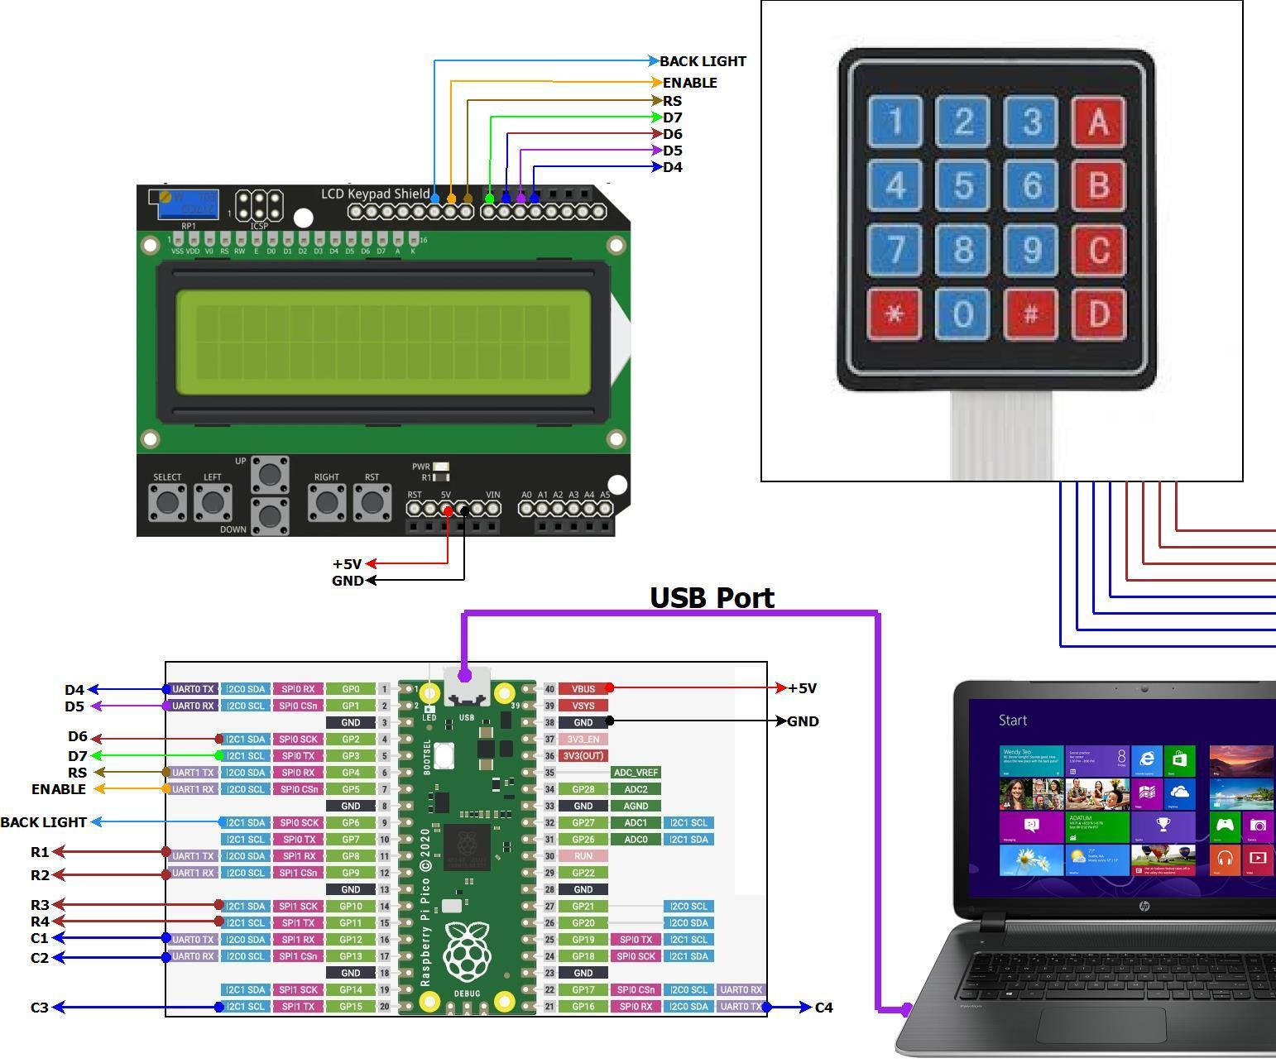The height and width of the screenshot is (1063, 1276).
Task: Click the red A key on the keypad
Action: (1098, 122)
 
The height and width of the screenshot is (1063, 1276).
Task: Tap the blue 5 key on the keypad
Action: (963, 185)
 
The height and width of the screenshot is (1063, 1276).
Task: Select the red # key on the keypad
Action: (1031, 314)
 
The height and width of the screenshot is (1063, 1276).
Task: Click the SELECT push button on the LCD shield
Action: (167, 501)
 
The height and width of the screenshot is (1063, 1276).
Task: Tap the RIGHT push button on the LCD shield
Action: (327, 501)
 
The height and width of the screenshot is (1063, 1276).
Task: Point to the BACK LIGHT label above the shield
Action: (703, 61)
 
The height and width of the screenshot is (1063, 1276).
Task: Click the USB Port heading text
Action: (712, 597)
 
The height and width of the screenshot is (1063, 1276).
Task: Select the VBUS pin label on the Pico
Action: (583, 688)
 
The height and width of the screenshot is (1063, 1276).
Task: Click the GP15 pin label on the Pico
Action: (351, 1007)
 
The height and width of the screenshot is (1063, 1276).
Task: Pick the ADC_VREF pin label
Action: (636, 773)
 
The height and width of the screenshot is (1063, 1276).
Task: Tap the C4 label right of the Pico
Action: (824, 1008)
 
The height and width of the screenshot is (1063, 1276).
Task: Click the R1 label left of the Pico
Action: (40, 852)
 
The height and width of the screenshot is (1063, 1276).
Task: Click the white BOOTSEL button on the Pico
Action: (444, 755)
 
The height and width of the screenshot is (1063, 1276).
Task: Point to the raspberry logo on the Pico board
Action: (468, 951)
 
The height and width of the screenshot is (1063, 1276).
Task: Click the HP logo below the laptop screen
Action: (1144, 907)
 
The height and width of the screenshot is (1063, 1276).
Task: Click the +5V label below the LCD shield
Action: (347, 564)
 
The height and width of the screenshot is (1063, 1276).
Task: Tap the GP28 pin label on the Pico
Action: (583, 789)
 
